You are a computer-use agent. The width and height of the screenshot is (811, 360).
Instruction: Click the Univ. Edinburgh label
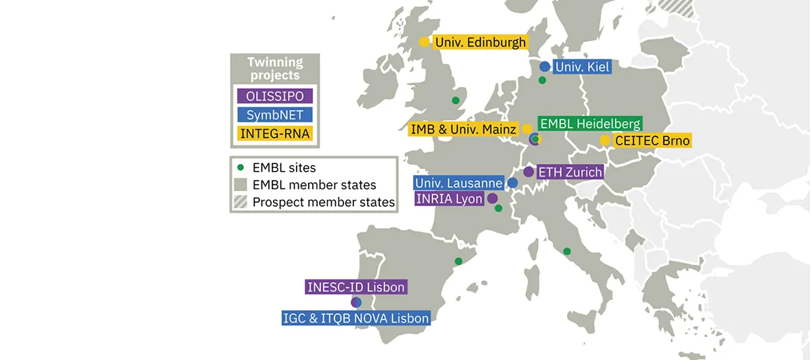(480, 42)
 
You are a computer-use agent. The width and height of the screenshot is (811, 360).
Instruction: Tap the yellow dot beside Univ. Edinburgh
(424, 42)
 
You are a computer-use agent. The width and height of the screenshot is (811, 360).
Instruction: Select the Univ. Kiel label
(582, 67)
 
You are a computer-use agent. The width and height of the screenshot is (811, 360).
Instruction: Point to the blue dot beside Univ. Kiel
(545, 67)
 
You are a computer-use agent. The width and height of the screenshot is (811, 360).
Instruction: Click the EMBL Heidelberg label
(589, 124)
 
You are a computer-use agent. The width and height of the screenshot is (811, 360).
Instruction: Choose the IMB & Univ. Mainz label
(464, 129)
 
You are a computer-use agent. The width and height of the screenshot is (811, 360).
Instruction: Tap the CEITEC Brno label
(652, 140)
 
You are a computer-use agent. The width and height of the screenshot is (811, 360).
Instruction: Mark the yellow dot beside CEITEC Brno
(606, 140)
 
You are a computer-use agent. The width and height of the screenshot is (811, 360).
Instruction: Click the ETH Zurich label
(569, 172)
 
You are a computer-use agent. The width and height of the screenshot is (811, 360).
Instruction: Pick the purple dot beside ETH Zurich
(529, 172)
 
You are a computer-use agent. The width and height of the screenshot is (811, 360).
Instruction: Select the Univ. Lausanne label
(459, 183)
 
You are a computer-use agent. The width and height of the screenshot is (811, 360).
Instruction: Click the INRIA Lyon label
(449, 199)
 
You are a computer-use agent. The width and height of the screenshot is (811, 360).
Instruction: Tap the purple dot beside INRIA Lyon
(493, 199)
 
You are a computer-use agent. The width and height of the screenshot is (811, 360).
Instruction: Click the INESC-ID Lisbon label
(356, 287)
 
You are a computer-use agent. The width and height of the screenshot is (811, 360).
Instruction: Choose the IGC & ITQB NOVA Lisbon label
(355, 318)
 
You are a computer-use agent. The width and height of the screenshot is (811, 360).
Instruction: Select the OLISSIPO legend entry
(274, 96)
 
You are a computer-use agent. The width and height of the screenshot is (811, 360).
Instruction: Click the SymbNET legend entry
(274, 115)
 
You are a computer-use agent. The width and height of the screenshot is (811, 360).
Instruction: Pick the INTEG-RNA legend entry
(274, 134)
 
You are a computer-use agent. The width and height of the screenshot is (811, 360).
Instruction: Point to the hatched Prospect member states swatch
(240, 202)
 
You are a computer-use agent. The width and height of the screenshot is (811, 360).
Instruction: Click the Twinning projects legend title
(274, 68)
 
